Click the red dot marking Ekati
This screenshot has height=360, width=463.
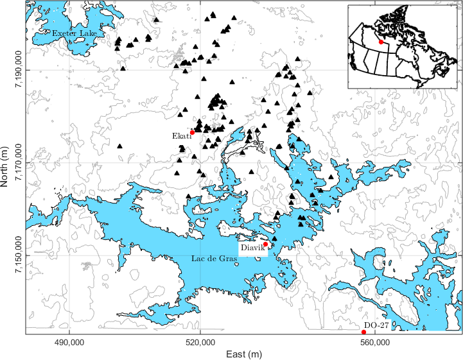(x=192, y=132)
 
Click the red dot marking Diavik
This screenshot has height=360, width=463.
(x=265, y=244)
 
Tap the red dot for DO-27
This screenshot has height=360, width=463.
(x=364, y=332)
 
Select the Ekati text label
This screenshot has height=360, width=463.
(x=180, y=136)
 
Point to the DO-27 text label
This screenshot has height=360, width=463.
(x=376, y=326)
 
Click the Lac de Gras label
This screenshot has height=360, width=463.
(x=214, y=258)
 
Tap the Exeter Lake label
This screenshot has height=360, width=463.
(x=71, y=33)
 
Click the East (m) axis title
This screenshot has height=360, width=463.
(x=243, y=354)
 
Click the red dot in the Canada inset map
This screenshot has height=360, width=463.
(x=381, y=42)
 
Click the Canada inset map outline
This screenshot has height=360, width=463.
(x=403, y=45)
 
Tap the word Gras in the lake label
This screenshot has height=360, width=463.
(x=228, y=258)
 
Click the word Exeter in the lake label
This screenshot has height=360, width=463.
(x=64, y=33)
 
